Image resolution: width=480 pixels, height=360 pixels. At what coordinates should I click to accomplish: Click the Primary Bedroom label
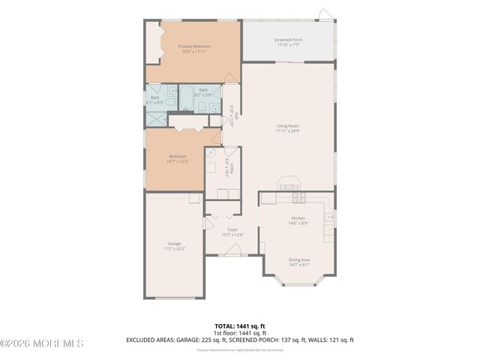pos(193,46)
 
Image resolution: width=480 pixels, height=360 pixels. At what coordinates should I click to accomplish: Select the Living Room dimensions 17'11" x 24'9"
pos(287,131)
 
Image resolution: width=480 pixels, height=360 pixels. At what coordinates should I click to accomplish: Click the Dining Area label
pos(298,260)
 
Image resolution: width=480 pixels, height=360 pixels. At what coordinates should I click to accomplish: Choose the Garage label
pos(174,244)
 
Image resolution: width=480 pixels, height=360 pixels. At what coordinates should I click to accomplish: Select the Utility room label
pos(232,170)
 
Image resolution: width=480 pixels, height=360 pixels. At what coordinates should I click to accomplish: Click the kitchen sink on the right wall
pos(328,217)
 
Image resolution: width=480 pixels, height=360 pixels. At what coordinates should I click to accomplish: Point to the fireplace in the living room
pos(288,184)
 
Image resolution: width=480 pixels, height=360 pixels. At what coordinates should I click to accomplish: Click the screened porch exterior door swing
pos(323,15)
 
